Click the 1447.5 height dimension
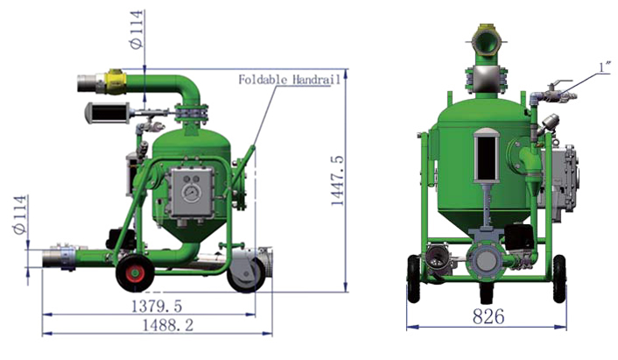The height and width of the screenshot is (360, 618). click(x=337, y=180)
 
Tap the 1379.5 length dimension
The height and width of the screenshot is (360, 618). click(x=157, y=306)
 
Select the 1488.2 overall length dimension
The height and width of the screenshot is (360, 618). click(x=168, y=325)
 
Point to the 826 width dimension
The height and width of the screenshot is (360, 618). click(x=488, y=316)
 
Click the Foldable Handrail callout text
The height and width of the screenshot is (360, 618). click(x=289, y=80)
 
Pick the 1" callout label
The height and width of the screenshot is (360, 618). click(x=605, y=67)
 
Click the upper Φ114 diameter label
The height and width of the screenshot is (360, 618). click(x=137, y=30)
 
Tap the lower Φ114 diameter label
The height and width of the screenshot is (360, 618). click(x=20, y=215)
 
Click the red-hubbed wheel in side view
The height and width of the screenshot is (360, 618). click(x=135, y=273)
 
